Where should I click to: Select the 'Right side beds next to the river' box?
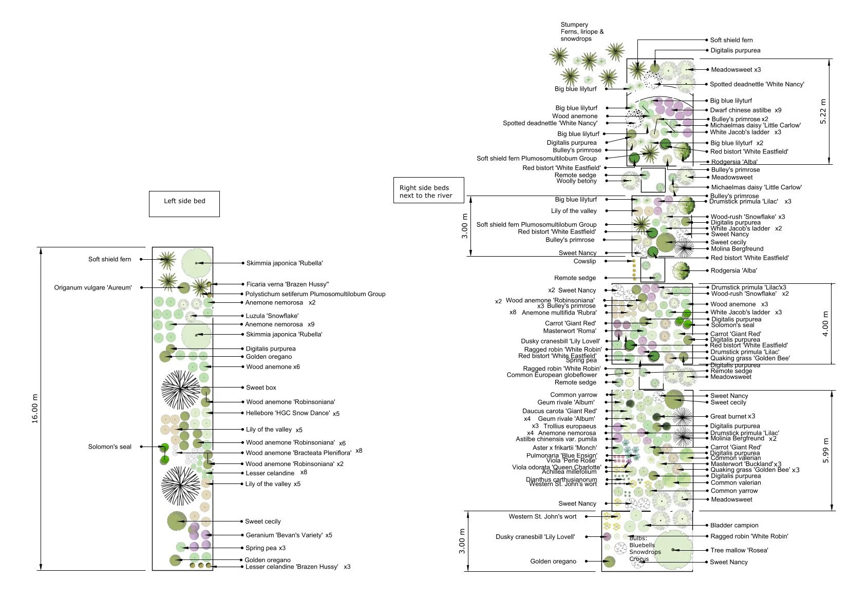pos(428,191)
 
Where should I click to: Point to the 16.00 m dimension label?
pos(35,409)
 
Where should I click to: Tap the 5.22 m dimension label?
pos(823,111)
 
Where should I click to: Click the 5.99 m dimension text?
pos(825,451)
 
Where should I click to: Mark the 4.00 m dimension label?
pos(825,324)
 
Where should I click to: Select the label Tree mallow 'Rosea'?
pos(739,550)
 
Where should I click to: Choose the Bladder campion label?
pos(734,525)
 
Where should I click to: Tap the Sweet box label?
pos(261,388)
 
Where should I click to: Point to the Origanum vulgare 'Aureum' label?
pos(93,287)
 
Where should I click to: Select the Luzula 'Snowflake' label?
pos(272,316)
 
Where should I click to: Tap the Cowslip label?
pos(584,261)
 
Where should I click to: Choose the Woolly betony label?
pos(576,181)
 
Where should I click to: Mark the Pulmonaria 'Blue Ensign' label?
pos(561,455)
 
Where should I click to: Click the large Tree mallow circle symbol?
pos(673,550)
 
